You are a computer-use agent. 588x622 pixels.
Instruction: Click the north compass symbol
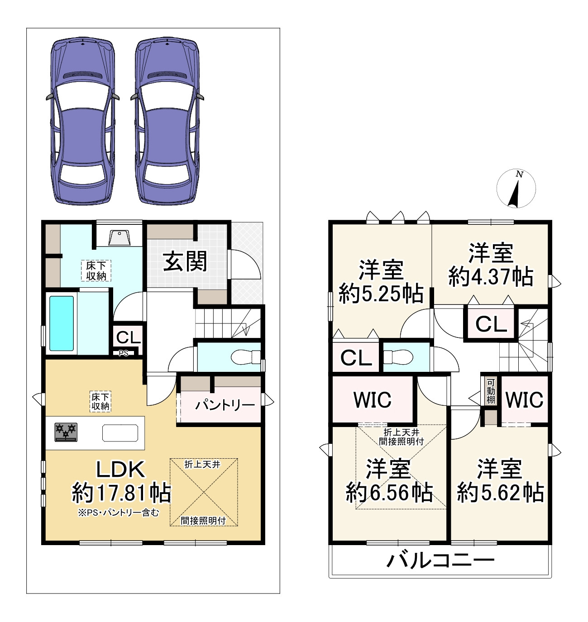click(x=516, y=189)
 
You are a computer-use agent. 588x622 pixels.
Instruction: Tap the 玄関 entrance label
click(x=185, y=261)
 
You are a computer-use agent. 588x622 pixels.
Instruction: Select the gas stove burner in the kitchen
click(x=66, y=432)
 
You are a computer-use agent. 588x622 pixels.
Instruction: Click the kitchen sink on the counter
click(x=120, y=433)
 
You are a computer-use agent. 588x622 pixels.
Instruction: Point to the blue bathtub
click(x=62, y=323)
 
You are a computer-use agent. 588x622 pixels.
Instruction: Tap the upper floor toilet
click(x=398, y=357)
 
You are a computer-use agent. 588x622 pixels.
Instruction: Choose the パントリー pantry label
click(x=225, y=405)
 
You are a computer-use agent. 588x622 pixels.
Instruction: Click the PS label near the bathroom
click(x=124, y=353)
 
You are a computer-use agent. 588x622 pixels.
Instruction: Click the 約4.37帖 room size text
click(x=491, y=276)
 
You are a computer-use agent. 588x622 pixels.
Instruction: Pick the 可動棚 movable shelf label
click(x=491, y=391)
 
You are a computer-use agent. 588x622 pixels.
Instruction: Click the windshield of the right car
click(x=168, y=94)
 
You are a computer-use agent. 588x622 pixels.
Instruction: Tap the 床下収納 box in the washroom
click(x=96, y=271)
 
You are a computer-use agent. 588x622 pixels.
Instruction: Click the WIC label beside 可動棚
click(x=524, y=399)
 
